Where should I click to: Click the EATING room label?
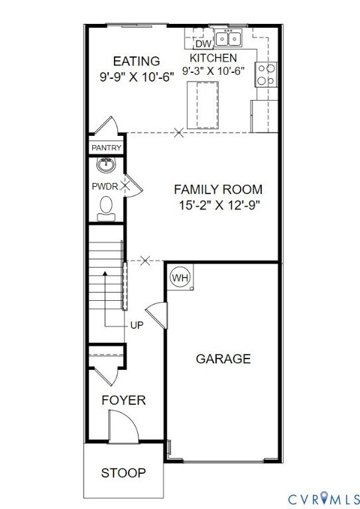pyautogui.click(x=137, y=61)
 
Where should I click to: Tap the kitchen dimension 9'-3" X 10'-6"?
pyautogui.click(x=213, y=71)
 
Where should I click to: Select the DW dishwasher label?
pyautogui.click(x=204, y=44)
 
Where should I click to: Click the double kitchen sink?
pyautogui.click(x=228, y=38)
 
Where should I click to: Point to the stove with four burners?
pyautogui.click(x=266, y=74)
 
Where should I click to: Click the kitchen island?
pyautogui.click(x=203, y=105)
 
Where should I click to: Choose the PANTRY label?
pyautogui.click(x=107, y=148)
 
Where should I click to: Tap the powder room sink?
pyautogui.click(x=106, y=165)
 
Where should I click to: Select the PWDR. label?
pyautogui.click(x=105, y=187)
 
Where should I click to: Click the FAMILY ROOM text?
pyautogui.click(x=218, y=190)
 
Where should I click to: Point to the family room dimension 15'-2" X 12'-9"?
pyautogui.click(x=219, y=205)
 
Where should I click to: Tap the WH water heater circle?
pyautogui.click(x=180, y=278)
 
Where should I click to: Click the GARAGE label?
pyautogui.click(x=223, y=359)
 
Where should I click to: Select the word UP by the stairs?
pyautogui.click(x=137, y=325)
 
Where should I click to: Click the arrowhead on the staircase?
pyautogui.click(x=105, y=273)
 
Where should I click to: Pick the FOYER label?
pyautogui.click(x=124, y=400)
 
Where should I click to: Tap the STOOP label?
pyautogui.click(x=123, y=473)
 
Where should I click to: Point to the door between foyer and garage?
pyautogui.click(x=157, y=315)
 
